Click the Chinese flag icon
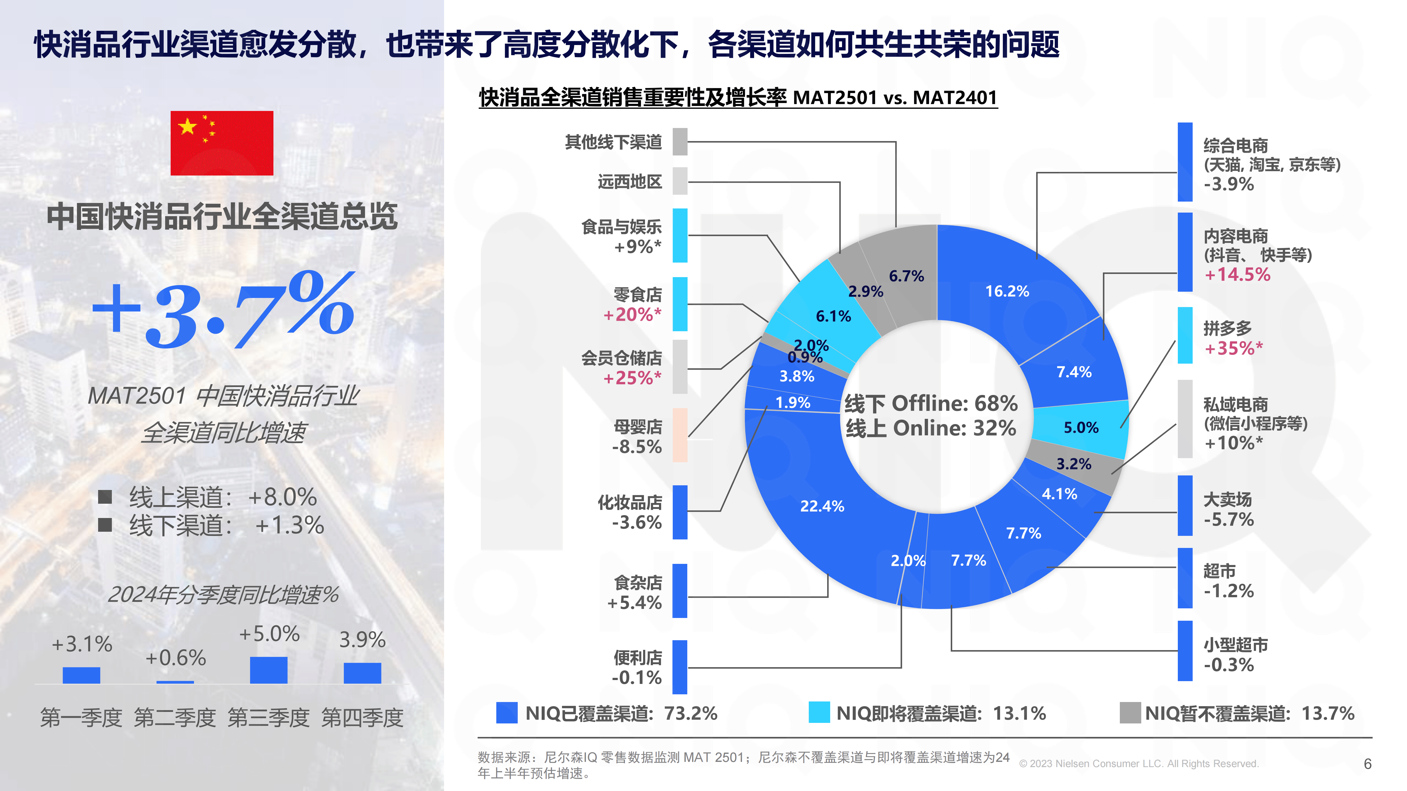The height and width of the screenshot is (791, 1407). (222, 143)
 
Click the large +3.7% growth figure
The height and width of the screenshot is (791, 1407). (223, 310)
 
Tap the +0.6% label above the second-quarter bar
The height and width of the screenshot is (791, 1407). (175, 658)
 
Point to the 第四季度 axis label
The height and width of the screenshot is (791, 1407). (362, 717)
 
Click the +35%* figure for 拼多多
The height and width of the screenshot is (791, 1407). (1233, 348)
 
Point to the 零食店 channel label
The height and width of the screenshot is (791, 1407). (638, 295)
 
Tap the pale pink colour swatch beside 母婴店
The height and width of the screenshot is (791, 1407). (680, 435)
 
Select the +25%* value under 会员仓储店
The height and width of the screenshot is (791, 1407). (632, 378)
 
